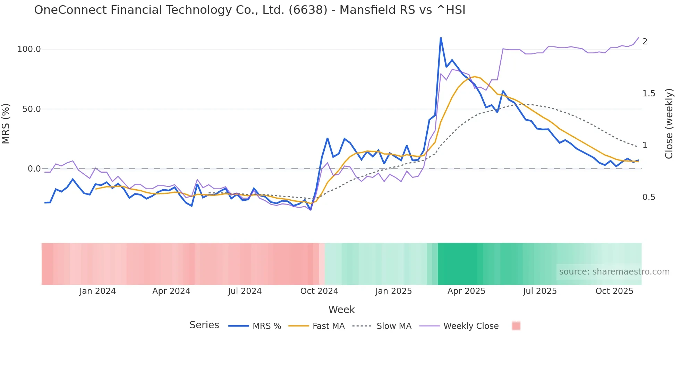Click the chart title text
[249, 10]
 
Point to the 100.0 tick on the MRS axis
[29, 49]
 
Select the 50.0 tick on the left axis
[32, 109]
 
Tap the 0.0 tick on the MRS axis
[34, 169]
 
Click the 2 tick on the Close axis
[645, 42]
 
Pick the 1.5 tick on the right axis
[649, 94]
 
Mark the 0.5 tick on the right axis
[649, 197]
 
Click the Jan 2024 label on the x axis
[97, 291]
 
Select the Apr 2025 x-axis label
[466, 291]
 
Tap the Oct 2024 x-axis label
[319, 291]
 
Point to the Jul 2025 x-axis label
[540, 291]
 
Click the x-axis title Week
[341, 310]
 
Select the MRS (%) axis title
[6, 124]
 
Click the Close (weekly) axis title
[669, 124]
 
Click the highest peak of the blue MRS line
[441, 38]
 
